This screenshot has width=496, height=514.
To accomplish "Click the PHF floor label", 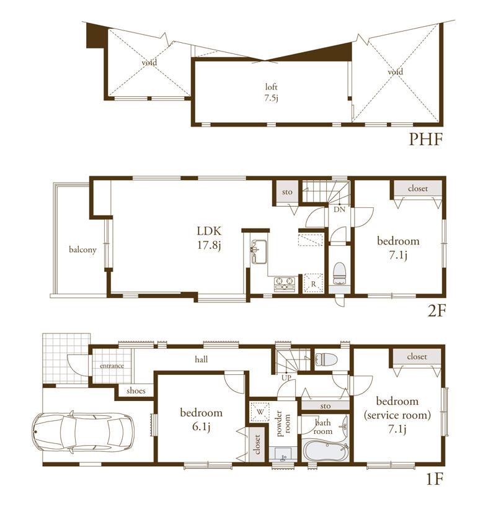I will click(425, 139).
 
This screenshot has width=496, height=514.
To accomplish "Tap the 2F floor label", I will click(436, 310).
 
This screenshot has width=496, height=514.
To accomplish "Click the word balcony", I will click(82, 250).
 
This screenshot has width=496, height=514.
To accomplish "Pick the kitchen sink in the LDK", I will click(259, 250).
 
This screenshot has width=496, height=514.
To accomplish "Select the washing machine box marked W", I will click(259, 411).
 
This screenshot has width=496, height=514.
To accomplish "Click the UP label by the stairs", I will click(286, 377).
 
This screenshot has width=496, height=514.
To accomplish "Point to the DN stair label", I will click(339, 210).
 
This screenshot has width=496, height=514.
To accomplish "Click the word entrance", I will click(112, 366).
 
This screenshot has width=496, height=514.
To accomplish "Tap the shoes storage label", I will click(136, 391).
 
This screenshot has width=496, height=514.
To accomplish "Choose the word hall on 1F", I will click(201, 359).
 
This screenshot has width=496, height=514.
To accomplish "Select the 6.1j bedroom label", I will click(201, 419).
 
